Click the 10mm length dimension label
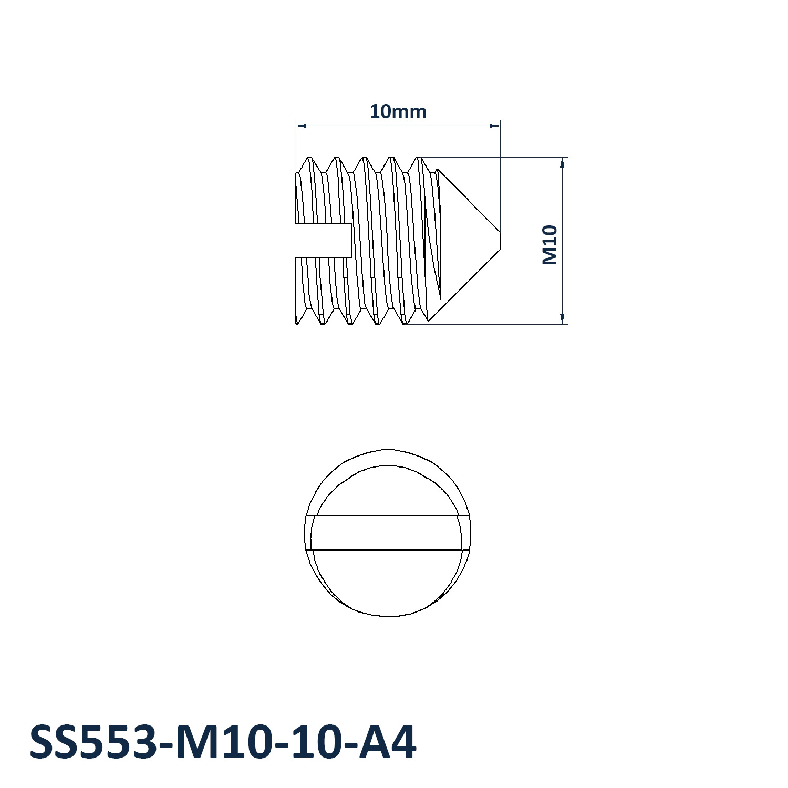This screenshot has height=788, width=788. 398,111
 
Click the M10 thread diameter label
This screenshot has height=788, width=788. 549,245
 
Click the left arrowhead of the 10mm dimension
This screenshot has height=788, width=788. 301,126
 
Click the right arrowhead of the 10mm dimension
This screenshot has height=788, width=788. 494,126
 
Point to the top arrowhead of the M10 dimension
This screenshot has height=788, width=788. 562,163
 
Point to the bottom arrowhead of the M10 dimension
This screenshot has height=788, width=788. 562,318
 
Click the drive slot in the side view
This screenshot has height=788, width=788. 324,240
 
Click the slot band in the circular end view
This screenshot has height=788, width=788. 388,533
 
